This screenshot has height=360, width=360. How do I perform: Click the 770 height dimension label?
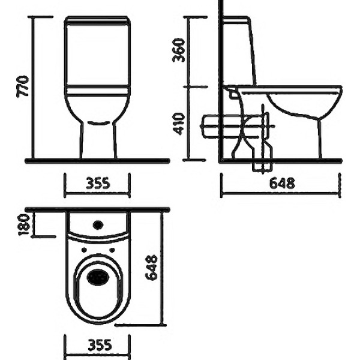pyautogui.click(x=23, y=86)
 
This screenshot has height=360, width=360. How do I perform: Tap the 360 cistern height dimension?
pyautogui.click(x=178, y=50)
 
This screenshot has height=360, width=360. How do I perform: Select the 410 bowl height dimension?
pyautogui.click(x=178, y=124)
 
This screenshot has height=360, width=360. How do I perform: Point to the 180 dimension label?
pyautogui.click(x=24, y=225)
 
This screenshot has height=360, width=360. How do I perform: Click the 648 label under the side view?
pyautogui.click(x=282, y=183)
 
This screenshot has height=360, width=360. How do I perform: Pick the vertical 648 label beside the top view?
pyautogui.click(x=151, y=268)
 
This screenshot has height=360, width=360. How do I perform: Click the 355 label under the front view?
pyautogui.click(x=98, y=183)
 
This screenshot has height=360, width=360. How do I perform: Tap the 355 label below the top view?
pyautogui.click(x=100, y=345)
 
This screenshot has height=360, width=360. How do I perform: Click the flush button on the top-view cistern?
pyautogui.click(x=98, y=225)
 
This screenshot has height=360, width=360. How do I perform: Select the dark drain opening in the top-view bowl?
pyautogui.click(x=98, y=277)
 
